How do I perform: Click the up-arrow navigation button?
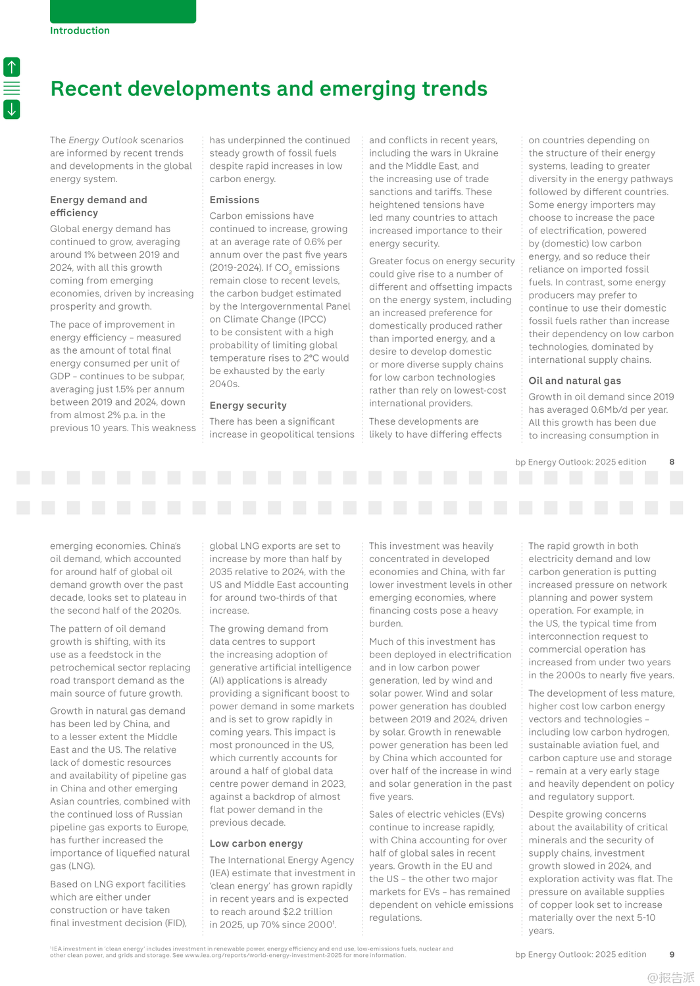[x=12, y=66]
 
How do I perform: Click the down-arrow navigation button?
[x=12, y=109]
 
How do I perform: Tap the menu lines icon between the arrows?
[x=12, y=88]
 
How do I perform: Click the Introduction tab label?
[x=80, y=30]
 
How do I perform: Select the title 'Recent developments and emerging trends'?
[x=268, y=89]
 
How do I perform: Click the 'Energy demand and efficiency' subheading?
[x=99, y=206]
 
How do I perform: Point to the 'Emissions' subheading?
[x=234, y=200]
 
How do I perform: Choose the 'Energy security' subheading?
[x=248, y=406]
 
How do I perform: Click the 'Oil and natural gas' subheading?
[x=574, y=381]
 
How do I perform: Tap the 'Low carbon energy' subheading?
[x=256, y=843]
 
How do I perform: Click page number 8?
[x=672, y=462]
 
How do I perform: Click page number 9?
[x=672, y=954]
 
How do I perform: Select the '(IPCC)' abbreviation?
[x=312, y=319]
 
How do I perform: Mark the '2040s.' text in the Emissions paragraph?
[x=224, y=384]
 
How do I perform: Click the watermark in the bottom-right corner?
[x=670, y=977]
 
